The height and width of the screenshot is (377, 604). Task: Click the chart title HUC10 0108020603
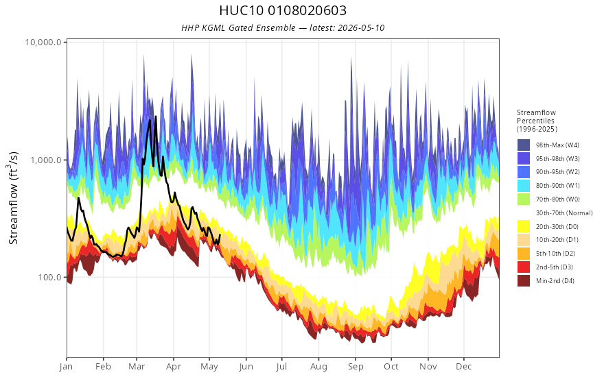(x=283, y=10)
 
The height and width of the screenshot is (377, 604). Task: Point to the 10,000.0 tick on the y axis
(x=43, y=42)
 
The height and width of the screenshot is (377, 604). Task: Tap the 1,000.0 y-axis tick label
(x=46, y=160)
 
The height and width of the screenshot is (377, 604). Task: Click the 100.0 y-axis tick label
(x=50, y=277)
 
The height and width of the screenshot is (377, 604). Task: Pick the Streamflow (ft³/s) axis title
(x=13, y=198)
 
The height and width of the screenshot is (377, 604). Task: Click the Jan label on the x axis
(x=67, y=367)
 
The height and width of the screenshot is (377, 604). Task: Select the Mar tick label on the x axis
(x=137, y=367)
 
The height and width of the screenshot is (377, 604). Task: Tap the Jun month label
(x=246, y=367)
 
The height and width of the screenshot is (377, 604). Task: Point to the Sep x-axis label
(x=356, y=367)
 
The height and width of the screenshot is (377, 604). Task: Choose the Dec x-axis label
(x=464, y=367)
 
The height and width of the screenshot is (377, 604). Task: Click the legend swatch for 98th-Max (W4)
(x=524, y=145)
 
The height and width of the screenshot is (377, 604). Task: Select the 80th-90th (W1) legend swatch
(x=524, y=186)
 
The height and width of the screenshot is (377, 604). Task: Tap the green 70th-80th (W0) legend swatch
(x=524, y=199)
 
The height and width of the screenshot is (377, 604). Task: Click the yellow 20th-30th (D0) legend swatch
(x=524, y=226)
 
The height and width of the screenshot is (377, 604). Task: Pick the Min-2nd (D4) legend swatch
(x=524, y=280)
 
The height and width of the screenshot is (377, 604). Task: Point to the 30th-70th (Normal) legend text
(x=564, y=212)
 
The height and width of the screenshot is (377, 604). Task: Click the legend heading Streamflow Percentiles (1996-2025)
(x=537, y=121)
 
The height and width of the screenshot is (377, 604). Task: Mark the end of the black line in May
(x=220, y=235)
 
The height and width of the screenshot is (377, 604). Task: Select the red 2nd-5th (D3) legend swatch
(x=524, y=267)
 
